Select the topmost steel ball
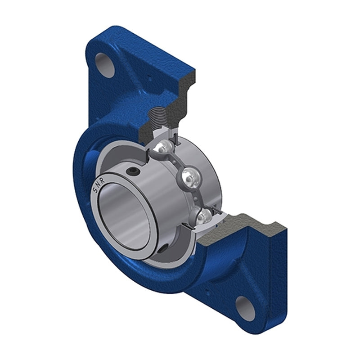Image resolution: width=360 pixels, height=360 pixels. (x=164, y=146)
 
